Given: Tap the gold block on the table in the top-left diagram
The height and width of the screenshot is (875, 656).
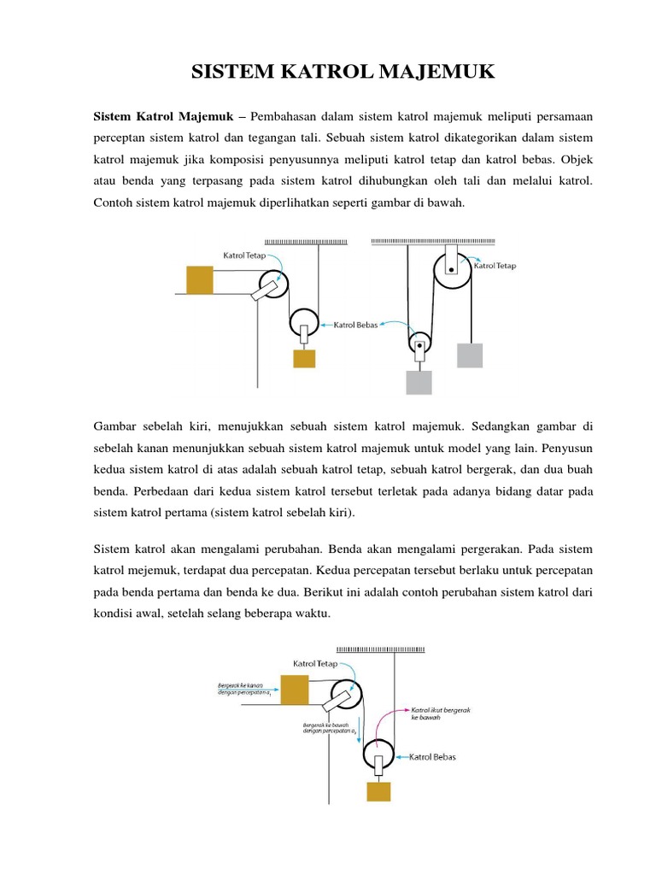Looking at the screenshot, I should click(x=198, y=280).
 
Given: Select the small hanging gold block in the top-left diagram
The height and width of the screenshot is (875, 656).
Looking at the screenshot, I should click(x=304, y=359).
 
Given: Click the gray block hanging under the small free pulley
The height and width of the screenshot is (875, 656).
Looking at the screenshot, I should click(x=419, y=382).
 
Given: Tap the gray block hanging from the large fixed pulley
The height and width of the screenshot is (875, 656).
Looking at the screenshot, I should click(x=470, y=355).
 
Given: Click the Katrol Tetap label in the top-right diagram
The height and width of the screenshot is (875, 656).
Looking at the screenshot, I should click(x=495, y=266).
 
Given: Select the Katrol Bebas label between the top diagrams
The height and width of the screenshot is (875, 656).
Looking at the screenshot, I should click(x=356, y=325).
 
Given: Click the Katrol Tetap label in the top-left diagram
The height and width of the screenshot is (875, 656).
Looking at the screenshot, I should click(x=244, y=255).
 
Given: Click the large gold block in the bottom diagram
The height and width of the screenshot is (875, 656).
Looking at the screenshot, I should click(x=295, y=690).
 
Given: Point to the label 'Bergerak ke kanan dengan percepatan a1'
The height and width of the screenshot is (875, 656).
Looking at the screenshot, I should click(x=241, y=689).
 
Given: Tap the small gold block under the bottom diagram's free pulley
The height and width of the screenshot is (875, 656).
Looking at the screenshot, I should click(x=378, y=790).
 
